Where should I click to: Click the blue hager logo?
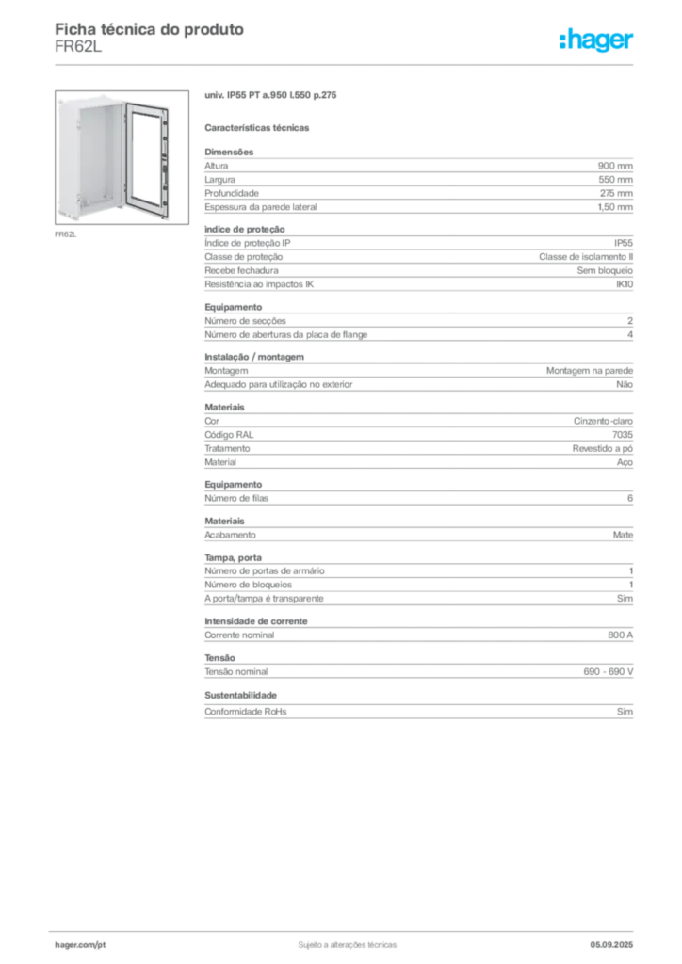tap(597, 40)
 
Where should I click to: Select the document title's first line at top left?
tap(150, 29)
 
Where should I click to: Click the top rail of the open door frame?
tap(146, 103)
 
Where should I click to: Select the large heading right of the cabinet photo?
tap(270, 97)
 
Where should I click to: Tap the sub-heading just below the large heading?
tap(260, 127)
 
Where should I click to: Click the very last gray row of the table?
tap(418, 712)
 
